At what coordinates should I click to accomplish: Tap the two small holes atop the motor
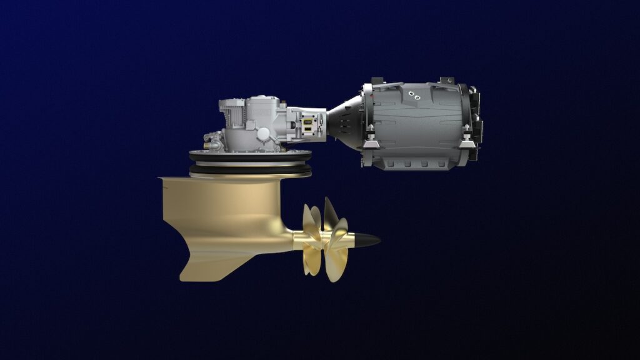[x=413, y=94]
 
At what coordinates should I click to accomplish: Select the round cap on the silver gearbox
[x=263, y=133]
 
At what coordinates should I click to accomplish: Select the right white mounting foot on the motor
[x=466, y=144]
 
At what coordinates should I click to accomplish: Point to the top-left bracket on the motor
[x=376, y=82]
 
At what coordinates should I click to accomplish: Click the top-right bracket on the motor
[x=447, y=81]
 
